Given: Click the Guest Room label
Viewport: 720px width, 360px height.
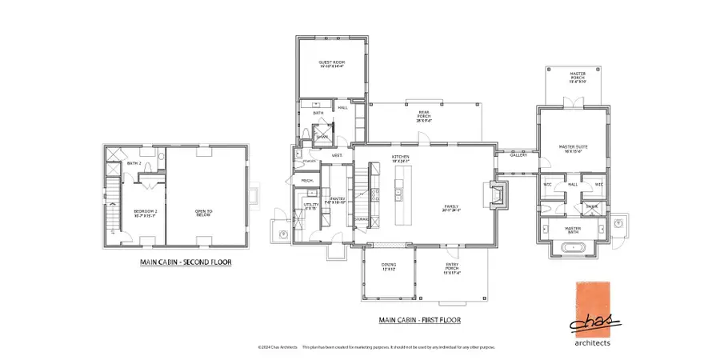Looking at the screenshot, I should coord(331,64).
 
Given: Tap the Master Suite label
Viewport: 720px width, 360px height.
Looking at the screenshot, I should coord(570,148).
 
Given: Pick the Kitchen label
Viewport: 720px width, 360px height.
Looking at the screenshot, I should coord(401,158).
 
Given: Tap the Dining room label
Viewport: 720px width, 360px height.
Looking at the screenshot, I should coord(389,268).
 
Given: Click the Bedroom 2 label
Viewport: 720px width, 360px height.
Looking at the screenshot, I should coord(145,213).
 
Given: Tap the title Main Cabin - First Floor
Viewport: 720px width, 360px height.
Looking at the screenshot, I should coord(419,320).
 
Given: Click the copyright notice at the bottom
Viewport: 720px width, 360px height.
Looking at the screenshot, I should coord(376,347).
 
